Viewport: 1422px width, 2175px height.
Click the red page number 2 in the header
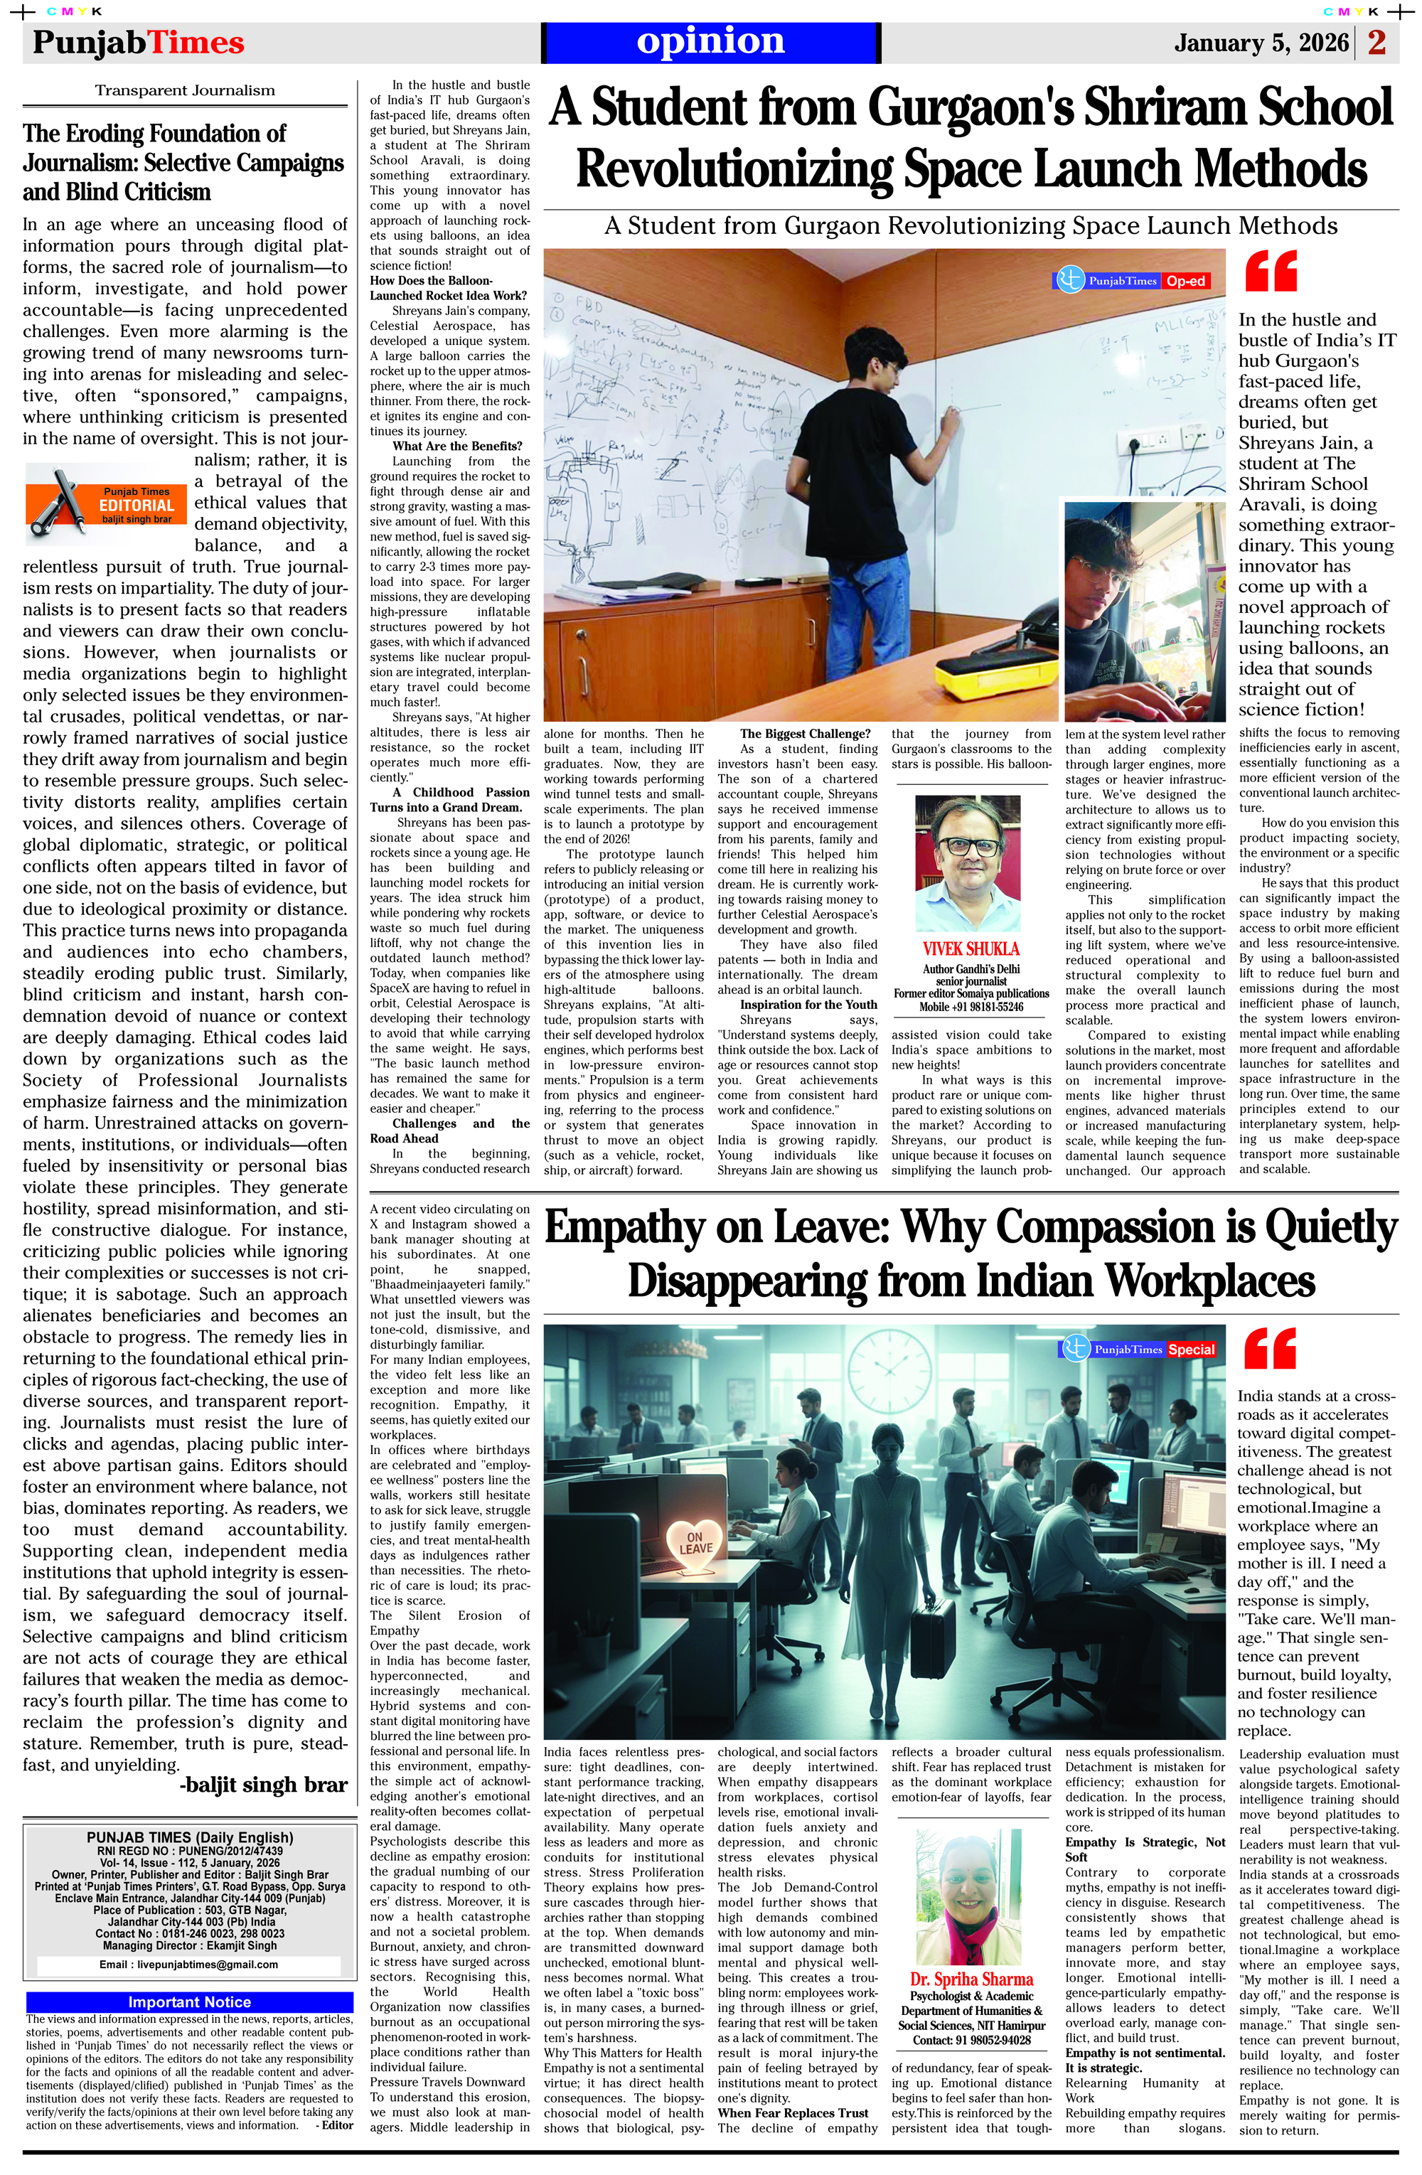tap(1377, 43)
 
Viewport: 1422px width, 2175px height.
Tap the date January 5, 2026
tap(1261, 43)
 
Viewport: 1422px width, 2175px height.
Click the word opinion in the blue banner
tap(710, 42)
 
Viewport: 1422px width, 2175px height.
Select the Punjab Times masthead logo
tap(138, 43)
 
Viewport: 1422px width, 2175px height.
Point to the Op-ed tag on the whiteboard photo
tap(1185, 282)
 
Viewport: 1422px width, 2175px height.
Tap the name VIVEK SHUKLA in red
tap(971, 948)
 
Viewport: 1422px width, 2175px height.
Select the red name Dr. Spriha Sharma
tap(971, 1979)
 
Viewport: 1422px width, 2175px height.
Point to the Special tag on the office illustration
tap(1191, 1350)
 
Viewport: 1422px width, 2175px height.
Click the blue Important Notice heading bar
tap(189, 2002)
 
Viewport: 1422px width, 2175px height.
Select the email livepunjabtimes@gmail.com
tap(188, 1964)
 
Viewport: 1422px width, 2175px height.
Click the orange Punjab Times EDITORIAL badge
tap(106, 498)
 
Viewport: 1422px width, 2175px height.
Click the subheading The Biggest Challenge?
tap(791, 734)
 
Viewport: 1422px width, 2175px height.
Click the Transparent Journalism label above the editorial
tap(185, 90)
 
